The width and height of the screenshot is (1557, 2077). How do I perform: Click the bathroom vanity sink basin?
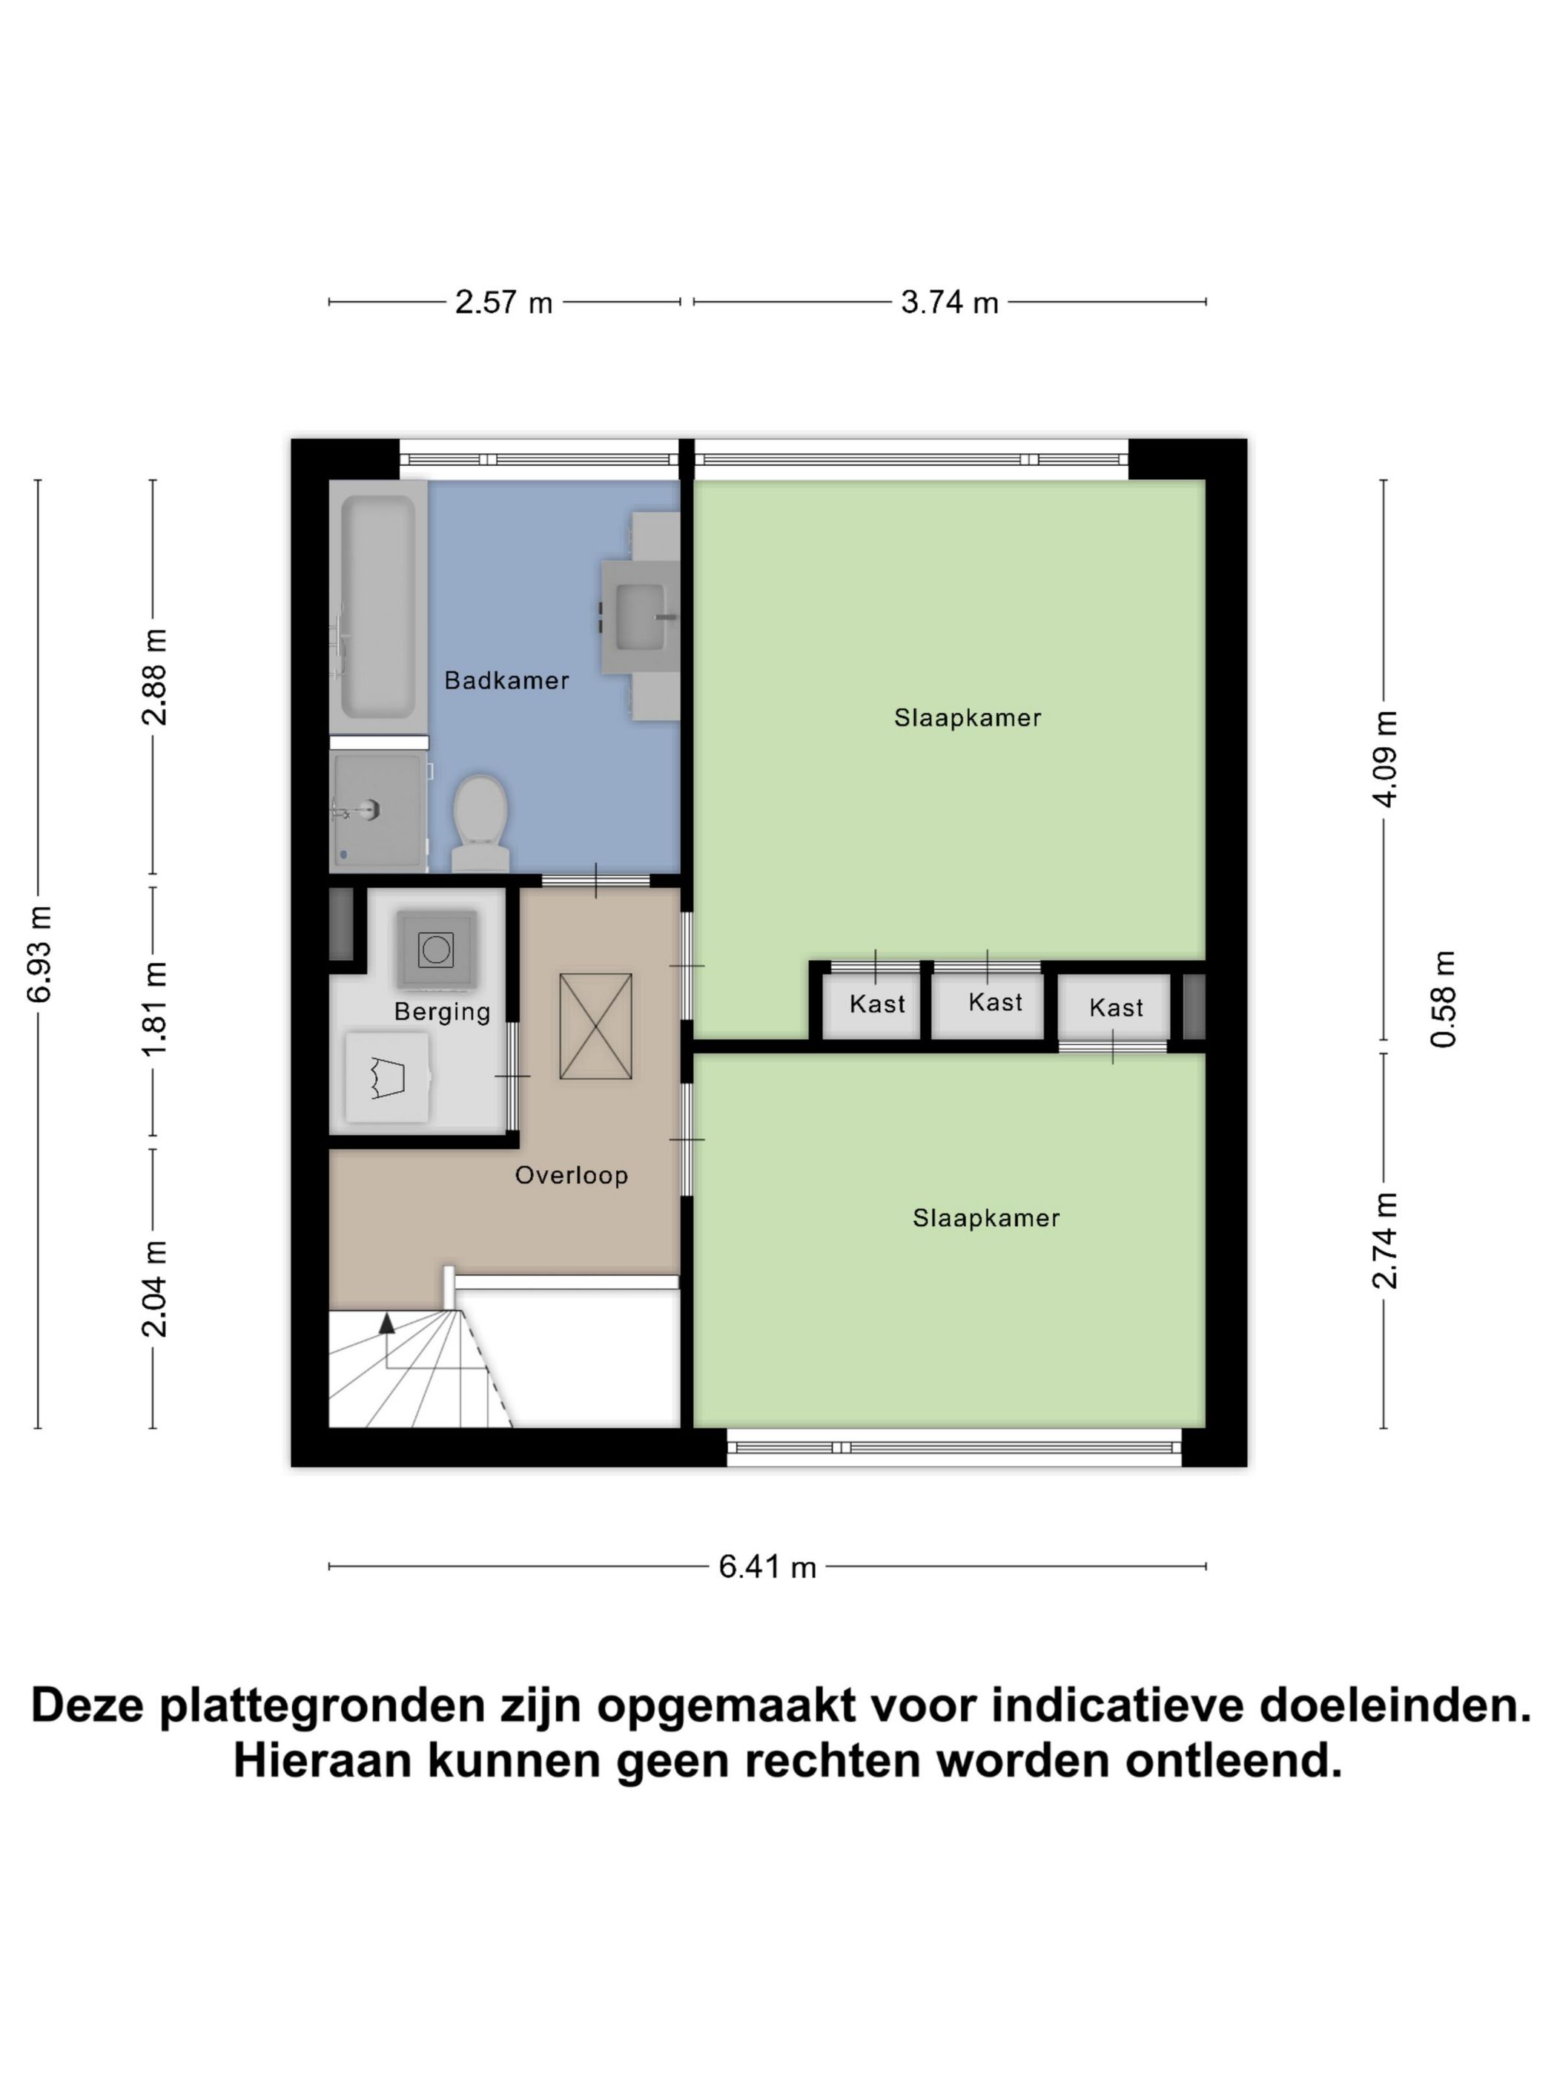[640, 616]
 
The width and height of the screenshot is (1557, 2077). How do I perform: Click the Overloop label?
[571, 1175]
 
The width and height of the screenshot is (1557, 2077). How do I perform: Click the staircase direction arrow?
[386, 1324]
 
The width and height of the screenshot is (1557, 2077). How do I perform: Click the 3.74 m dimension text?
[949, 303]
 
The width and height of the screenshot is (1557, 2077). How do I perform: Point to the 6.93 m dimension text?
[39, 954]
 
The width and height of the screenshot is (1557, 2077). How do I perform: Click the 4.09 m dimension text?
[1385, 759]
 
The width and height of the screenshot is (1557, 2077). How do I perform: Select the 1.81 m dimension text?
[155, 1010]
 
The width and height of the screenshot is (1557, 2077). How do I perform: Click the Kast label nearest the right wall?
[1116, 1007]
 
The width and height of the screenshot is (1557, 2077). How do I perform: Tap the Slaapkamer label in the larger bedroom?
[967, 717]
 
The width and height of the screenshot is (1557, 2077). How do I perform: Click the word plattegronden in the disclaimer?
[322, 1705]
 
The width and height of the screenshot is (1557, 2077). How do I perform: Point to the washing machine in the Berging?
[435, 949]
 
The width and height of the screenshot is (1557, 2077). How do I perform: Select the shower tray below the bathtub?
[378, 810]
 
